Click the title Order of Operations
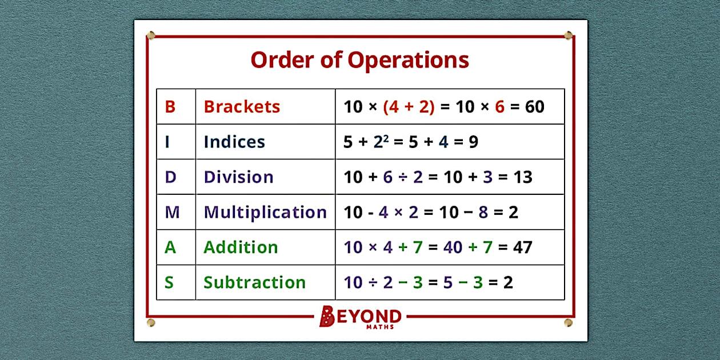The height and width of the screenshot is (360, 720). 359,60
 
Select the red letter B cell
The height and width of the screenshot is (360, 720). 170,107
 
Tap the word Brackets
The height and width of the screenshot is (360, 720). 242,107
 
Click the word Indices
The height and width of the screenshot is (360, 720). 234,142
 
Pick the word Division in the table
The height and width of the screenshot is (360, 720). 238,177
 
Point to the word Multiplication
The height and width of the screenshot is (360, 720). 265,212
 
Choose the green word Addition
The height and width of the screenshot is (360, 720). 241,247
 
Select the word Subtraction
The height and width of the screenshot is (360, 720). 254,282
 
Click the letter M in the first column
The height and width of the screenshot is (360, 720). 172,213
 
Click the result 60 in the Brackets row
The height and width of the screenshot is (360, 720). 534,107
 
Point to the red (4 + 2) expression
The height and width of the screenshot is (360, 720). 409,107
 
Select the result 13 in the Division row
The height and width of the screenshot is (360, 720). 522,177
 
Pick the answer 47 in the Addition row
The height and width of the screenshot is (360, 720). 522,247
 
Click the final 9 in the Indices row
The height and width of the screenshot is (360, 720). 473,142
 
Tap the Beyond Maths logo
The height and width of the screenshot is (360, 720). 360,317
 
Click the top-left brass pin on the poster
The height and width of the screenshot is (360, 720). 151,35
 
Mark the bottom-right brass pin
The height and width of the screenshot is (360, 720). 568,323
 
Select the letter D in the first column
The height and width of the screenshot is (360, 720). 170,177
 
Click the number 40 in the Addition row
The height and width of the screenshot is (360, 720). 454,247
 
